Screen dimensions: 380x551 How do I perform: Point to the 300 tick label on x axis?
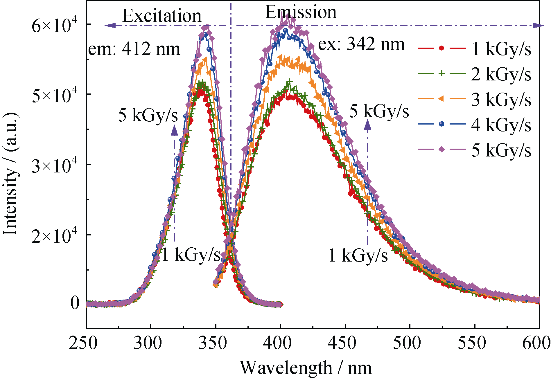[150, 343]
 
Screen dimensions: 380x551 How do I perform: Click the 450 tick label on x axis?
[345, 343]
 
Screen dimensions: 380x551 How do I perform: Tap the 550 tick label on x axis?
[475, 343]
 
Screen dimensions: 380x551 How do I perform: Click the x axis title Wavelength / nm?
[306, 368]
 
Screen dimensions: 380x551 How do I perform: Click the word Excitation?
[161, 16]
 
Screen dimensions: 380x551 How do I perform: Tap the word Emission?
[301, 12]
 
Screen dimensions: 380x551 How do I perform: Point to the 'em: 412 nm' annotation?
[134, 49]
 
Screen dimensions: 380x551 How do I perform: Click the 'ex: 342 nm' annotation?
[361, 44]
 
